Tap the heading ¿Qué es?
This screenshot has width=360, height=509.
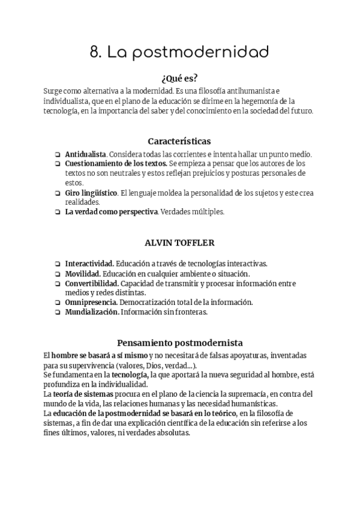179,78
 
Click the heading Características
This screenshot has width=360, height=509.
179,142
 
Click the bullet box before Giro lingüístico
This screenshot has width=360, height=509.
57,193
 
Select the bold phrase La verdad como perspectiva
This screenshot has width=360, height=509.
112,212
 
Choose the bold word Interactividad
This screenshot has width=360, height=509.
89,264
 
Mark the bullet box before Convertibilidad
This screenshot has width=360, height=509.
57,283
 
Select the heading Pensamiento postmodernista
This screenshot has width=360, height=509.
179,343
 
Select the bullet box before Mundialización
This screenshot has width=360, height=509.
57,312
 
